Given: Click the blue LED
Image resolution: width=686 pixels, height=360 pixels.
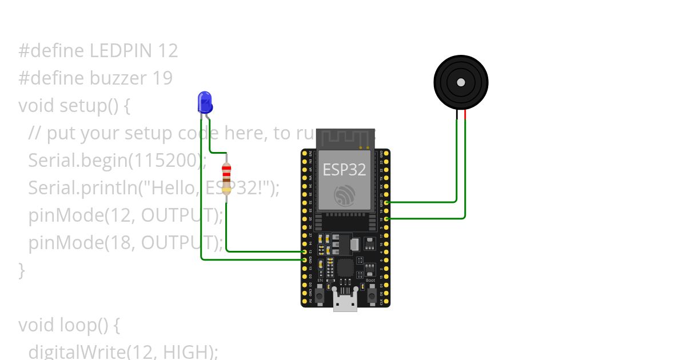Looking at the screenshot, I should click(x=205, y=102).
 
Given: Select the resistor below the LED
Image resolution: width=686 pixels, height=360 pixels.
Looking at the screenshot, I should click(x=227, y=177).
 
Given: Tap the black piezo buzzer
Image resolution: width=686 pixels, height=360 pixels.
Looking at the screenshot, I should click(x=461, y=82).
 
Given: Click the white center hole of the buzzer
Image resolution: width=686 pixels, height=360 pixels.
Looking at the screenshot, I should click(x=461, y=82).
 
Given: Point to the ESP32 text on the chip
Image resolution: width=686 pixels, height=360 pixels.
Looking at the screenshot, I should click(x=344, y=169).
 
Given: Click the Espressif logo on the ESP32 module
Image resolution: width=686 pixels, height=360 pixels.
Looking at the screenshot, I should click(x=345, y=196).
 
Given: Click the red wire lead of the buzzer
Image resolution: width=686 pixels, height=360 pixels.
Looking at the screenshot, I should click(x=465, y=117).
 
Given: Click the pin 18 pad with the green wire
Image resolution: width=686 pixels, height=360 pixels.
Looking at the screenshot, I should click(x=388, y=218).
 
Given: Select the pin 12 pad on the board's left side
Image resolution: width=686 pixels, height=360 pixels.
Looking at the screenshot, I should click(x=304, y=251).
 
